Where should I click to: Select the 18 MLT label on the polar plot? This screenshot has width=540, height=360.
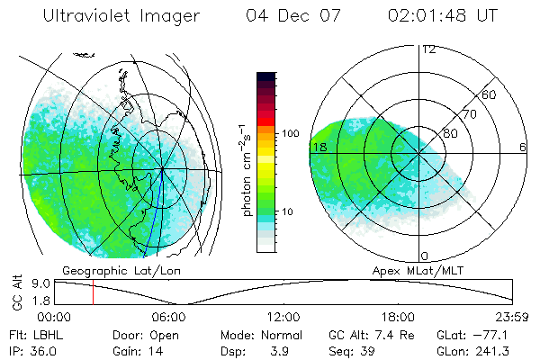[319, 147]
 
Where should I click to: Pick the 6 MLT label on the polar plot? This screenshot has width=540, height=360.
[522, 147]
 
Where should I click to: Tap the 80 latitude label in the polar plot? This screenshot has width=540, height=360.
[451, 133]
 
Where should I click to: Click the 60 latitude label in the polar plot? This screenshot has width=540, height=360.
[490, 94]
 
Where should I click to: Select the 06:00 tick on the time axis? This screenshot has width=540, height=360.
[169, 317]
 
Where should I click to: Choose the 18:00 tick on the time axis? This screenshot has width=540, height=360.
[398, 317]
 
